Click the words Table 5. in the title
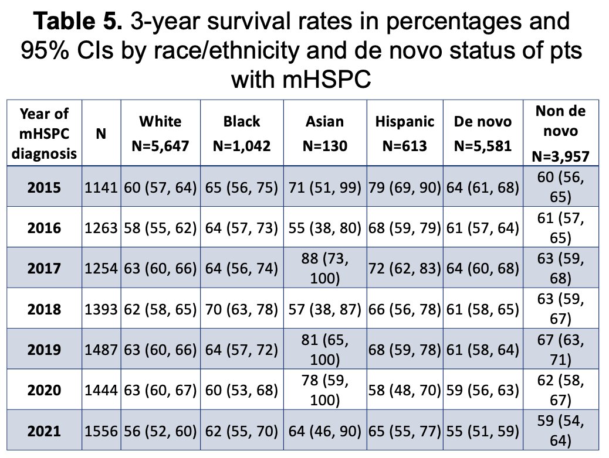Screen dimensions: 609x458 pos(78,20)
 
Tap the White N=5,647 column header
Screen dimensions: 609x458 pos(160,134)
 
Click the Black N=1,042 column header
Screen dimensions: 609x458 pos(242,134)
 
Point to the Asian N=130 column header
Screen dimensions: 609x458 pos(324,134)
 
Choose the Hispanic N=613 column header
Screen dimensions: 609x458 pos(405,134)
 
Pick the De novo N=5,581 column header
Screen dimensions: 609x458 pos(483,134)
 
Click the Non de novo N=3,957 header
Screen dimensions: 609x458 pos(560,134)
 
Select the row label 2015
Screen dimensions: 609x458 pos(44,187)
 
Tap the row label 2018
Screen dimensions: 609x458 pos(44,309)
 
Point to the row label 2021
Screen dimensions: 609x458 pos(44,431)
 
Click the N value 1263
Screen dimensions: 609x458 pos(101,228)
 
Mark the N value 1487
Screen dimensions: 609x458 pos(101,350)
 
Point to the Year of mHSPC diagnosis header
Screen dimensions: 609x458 pos(44,134)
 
